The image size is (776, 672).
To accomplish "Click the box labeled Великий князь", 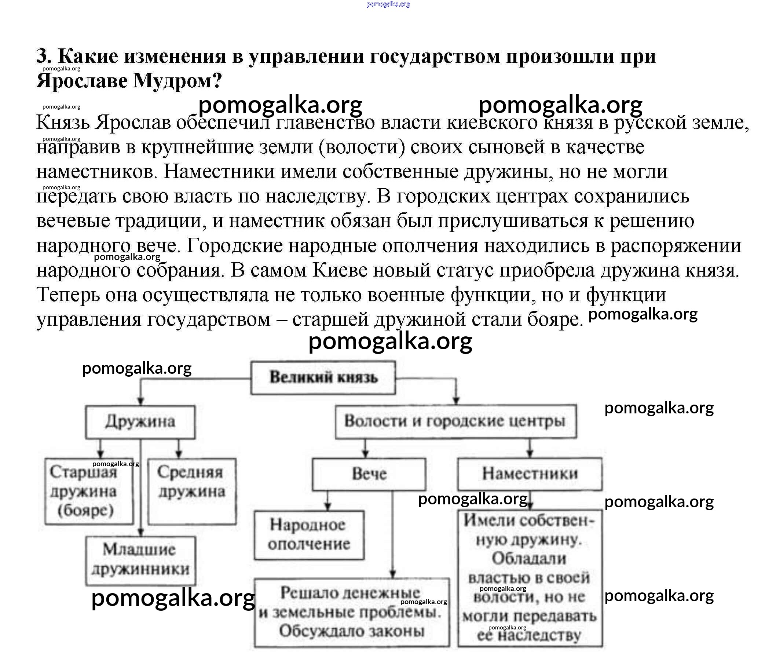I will coord(323,377).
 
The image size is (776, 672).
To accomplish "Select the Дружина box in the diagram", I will coord(140,422).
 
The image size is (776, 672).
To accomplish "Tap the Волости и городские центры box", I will coord(455,421).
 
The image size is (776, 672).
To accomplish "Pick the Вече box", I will coord(369,474).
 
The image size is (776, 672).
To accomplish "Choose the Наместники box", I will coord(530,474).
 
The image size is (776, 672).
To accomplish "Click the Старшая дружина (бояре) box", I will coord(88,491).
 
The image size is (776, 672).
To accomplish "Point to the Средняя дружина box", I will coord(191,491).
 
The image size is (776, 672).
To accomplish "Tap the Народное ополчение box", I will coord(308,535).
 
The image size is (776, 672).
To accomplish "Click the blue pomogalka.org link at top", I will coord(388,4).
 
